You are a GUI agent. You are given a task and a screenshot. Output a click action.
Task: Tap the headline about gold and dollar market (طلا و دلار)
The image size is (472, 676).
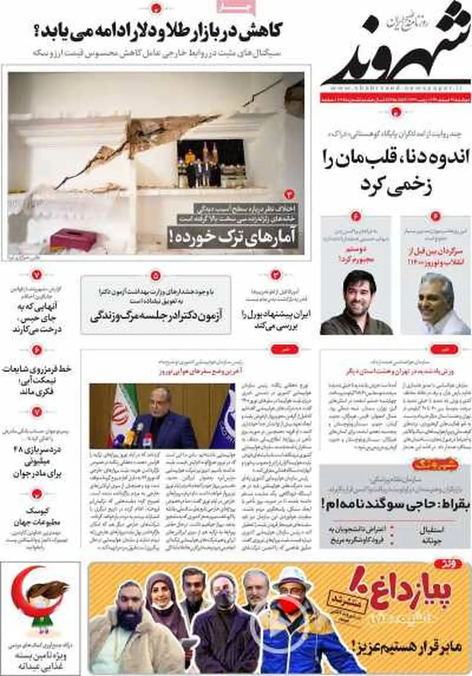[x=157, y=31]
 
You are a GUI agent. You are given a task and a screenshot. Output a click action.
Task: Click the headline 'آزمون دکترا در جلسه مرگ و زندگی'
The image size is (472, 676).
[x=156, y=317]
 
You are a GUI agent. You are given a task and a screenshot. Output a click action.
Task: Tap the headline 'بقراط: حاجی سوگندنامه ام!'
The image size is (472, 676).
[x=395, y=503]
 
